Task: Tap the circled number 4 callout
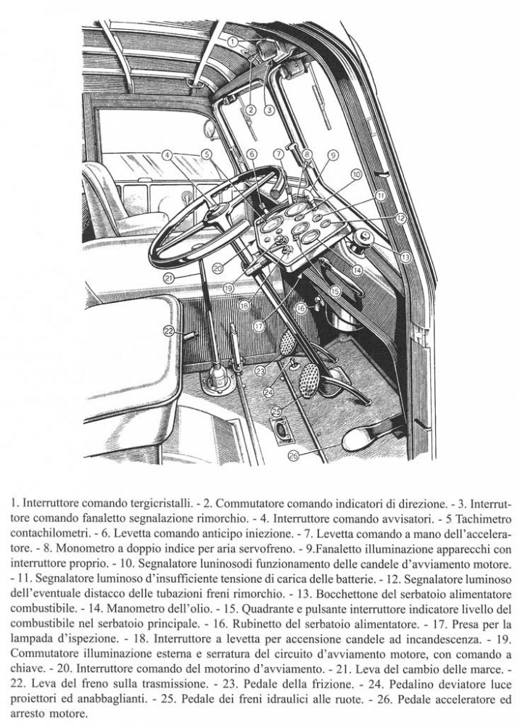tap(167, 154)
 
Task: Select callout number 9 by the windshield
tap(333, 154)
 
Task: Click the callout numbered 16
tap(301, 308)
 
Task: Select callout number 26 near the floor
tap(293, 455)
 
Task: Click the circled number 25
tap(276, 411)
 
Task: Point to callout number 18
tap(244, 305)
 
